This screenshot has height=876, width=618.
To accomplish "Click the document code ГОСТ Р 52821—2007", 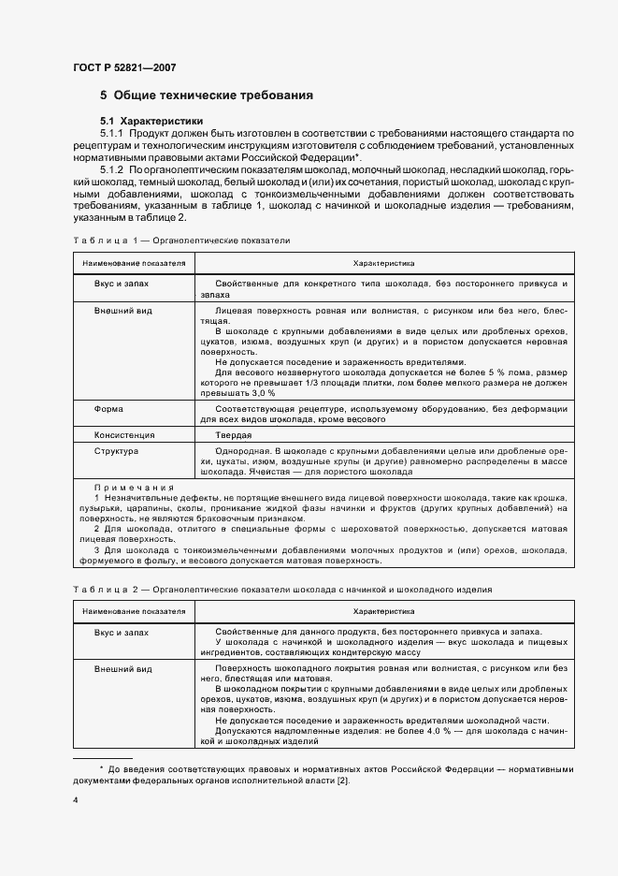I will click(x=123, y=67).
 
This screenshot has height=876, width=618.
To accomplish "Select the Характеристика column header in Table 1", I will click(x=383, y=264).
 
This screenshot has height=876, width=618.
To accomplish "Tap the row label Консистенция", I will click(x=123, y=435).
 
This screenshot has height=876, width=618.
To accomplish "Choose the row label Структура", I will click(x=116, y=451).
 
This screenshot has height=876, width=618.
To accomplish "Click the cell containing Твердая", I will click(x=233, y=435).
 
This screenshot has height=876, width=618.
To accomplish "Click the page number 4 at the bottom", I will click(x=76, y=802).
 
